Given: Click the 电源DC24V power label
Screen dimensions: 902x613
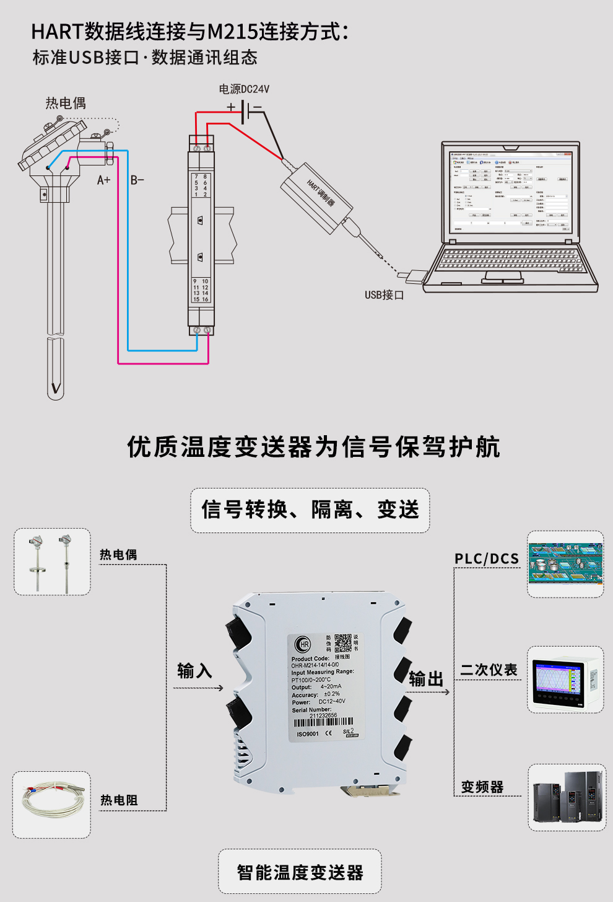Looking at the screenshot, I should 244,89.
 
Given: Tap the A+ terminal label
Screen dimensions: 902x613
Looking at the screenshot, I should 103,180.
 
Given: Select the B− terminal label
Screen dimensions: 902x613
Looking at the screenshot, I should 137,180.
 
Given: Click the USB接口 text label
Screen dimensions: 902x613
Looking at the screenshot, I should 384,295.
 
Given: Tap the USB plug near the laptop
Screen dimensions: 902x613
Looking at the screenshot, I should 412,276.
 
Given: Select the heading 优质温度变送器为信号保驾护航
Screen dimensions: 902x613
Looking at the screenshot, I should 313,446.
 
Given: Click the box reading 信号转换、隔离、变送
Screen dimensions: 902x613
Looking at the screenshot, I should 310,510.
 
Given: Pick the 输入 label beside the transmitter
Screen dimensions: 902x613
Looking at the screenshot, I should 194,671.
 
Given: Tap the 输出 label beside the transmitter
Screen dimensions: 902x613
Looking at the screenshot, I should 426,679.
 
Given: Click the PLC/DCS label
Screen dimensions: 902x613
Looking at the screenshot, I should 487,559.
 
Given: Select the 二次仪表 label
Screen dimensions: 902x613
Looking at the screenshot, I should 489,670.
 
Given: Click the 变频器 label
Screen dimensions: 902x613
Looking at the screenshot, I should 482,787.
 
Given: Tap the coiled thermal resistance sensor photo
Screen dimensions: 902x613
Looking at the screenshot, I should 52,805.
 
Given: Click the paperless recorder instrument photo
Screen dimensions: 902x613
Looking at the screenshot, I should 565,679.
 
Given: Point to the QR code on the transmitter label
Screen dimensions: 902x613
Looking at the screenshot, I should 343,643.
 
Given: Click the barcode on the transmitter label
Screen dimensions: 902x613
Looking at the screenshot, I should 323,723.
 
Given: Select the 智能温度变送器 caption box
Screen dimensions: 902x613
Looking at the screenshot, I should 300,872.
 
